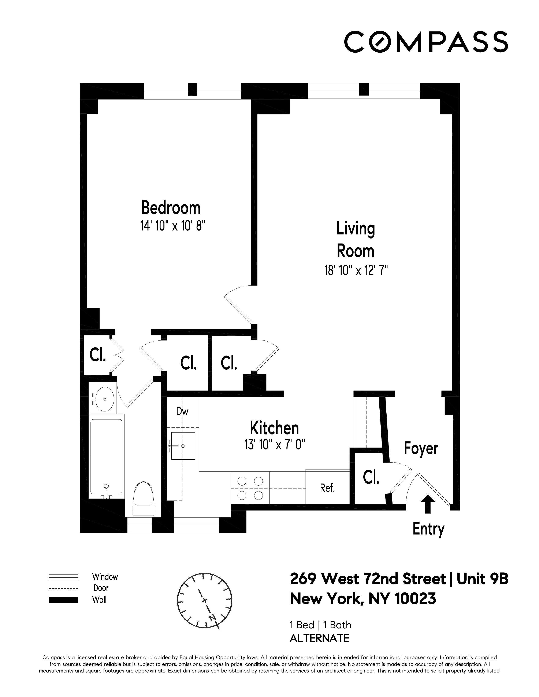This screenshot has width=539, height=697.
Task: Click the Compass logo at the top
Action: click(426, 41)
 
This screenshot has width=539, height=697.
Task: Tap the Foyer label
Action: click(421, 448)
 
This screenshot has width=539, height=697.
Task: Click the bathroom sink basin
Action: click(104, 399)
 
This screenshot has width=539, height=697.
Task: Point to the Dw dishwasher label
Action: click(182, 412)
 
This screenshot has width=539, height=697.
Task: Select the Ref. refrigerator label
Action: click(327, 488)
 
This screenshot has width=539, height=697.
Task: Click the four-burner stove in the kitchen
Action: click(250, 488)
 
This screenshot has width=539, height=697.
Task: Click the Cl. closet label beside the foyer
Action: click(371, 478)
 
